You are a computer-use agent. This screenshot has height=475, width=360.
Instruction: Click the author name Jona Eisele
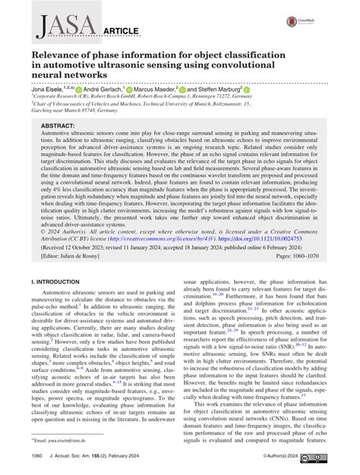[x=51, y=89]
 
